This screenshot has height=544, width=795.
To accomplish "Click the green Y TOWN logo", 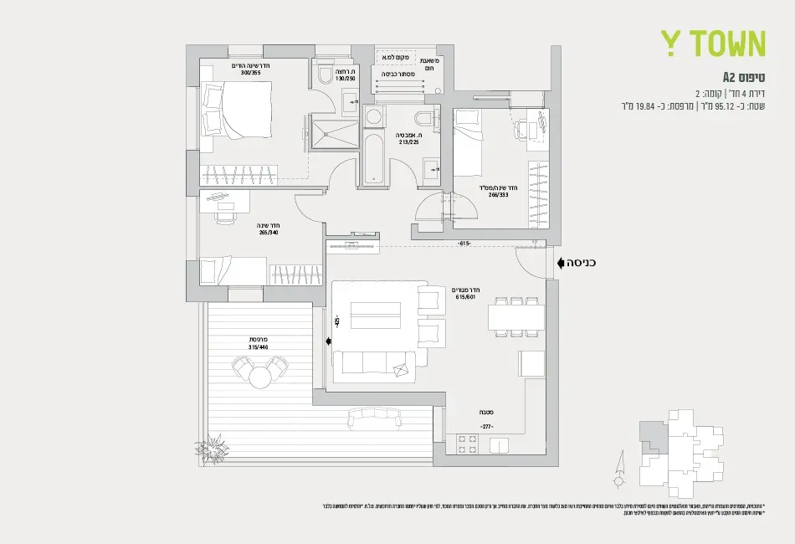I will coord(713,44).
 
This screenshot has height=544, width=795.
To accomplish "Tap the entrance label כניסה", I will coord(581,263).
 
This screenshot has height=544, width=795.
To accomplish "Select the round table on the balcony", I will coord(259,377).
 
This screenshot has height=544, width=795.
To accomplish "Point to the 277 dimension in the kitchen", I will coord(488,426).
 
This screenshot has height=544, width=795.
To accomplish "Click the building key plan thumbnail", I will coord(669,448).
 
